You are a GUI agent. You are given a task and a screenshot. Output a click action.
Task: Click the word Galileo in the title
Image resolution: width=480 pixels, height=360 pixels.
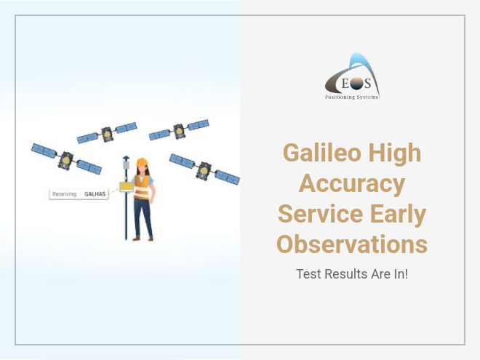tap(321, 153)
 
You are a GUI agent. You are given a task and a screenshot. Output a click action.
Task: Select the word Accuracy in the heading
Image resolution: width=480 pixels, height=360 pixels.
tap(352, 184)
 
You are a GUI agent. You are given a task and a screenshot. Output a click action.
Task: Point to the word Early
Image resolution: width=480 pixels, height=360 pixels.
tap(399, 215)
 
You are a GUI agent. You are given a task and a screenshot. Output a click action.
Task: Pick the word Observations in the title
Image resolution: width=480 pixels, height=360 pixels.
tap(352, 244)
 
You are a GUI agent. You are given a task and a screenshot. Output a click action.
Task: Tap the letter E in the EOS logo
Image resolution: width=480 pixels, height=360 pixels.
tap(345, 83)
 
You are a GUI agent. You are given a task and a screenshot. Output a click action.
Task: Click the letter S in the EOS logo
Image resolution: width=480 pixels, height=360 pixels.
tap(367, 83)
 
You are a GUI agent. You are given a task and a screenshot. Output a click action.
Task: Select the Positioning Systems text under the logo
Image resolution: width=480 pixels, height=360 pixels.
tap(352, 97)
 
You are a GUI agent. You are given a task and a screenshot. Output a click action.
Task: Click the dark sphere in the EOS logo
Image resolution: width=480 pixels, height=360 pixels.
tap(356, 84)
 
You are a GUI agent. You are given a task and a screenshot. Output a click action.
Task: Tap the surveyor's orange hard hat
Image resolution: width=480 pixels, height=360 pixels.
tap(142, 162)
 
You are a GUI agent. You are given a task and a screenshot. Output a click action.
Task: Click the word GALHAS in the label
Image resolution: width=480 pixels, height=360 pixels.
tap(95, 194)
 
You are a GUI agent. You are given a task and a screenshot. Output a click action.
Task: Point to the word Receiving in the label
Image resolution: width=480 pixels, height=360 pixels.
tap(64, 194)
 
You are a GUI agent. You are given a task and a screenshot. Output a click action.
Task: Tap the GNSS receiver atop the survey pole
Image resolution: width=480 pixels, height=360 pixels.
tap(126, 164)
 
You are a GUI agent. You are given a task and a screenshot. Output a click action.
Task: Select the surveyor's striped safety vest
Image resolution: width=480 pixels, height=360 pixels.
tap(142, 187)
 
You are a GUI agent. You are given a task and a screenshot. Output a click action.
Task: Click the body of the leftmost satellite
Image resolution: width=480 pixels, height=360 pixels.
tap(65, 161)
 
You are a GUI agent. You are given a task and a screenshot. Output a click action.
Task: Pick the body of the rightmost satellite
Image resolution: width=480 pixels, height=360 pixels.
tap(204, 171)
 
